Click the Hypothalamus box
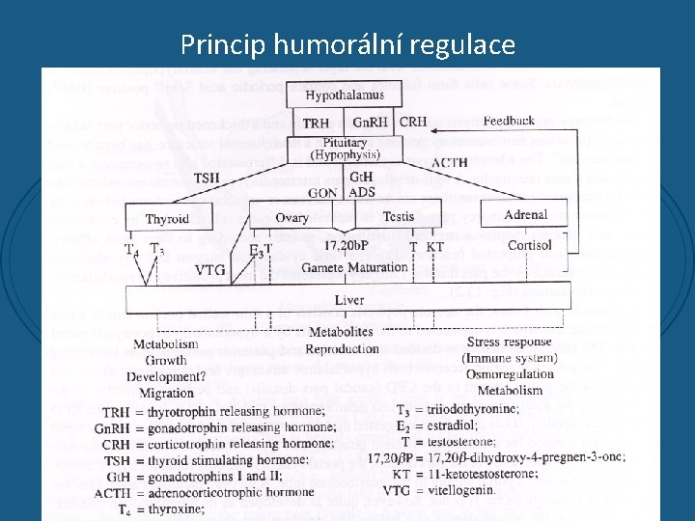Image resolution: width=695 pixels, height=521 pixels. pyautogui.click(x=344, y=96)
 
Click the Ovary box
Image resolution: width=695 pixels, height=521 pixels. pyautogui.click(x=292, y=217)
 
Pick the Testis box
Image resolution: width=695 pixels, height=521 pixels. pyautogui.click(x=398, y=217)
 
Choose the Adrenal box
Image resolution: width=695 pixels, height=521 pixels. pyautogui.click(x=525, y=215)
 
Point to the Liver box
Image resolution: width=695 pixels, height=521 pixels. pyautogui.click(x=348, y=300)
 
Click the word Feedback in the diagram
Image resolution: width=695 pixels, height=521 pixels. pyautogui.click(x=509, y=122)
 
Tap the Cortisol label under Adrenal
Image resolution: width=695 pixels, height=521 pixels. pyautogui.click(x=530, y=245)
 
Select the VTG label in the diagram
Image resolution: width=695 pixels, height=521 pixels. pyautogui.click(x=210, y=271)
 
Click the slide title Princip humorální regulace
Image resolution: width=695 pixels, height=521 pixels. pyautogui.click(x=347, y=44)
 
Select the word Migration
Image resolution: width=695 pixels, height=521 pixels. pyautogui.click(x=167, y=393)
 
